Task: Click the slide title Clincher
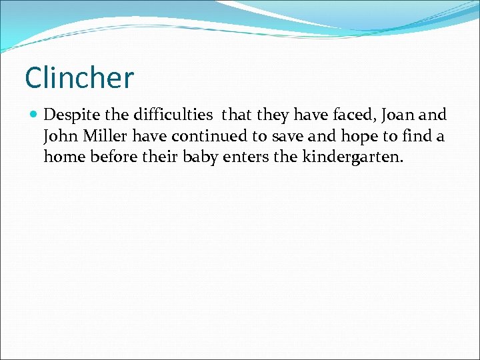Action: pos(79,77)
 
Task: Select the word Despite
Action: pos(70,115)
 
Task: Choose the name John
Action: pos(60,137)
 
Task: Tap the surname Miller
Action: pos(104,137)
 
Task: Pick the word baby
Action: pos(201,159)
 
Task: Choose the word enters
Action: pos(251,159)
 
